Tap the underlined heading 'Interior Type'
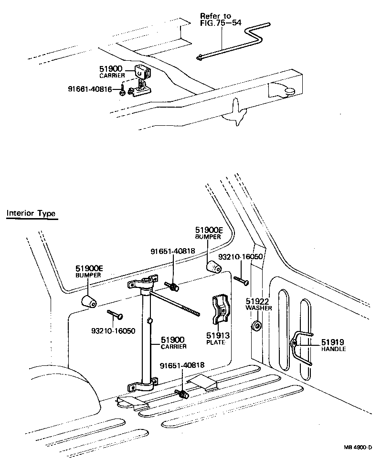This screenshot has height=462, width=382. click(x=31, y=213)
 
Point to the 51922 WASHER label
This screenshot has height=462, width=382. click(x=258, y=304)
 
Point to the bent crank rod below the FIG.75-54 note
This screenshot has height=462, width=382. click(x=234, y=43)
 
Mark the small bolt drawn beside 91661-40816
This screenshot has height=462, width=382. click(x=122, y=90)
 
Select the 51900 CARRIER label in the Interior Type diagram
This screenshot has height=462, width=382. click(x=173, y=342)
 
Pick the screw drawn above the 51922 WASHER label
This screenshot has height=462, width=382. click(x=241, y=281)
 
